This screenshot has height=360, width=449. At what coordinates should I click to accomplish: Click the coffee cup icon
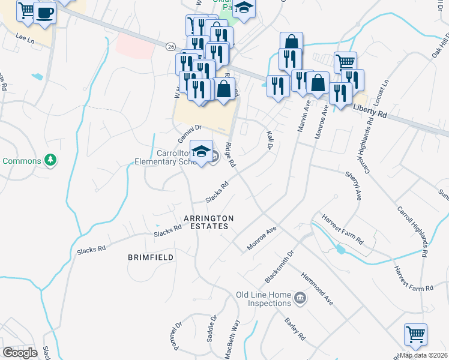click(x=44, y=13)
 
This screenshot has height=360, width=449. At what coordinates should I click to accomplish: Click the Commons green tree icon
click(x=52, y=160)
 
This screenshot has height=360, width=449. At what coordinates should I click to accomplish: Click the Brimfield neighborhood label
click(x=151, y=257)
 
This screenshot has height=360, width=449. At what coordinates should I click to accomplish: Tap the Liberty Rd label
click(x=371, y=110)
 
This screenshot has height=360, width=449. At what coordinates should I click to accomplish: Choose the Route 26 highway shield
click(x=171, y=47)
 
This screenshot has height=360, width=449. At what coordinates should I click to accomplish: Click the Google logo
click(x=20, y=353)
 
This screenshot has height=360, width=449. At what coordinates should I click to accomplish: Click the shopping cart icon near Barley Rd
click(x=415, y=335)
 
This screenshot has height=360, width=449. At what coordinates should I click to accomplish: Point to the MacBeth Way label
click(x=234, y=338)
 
